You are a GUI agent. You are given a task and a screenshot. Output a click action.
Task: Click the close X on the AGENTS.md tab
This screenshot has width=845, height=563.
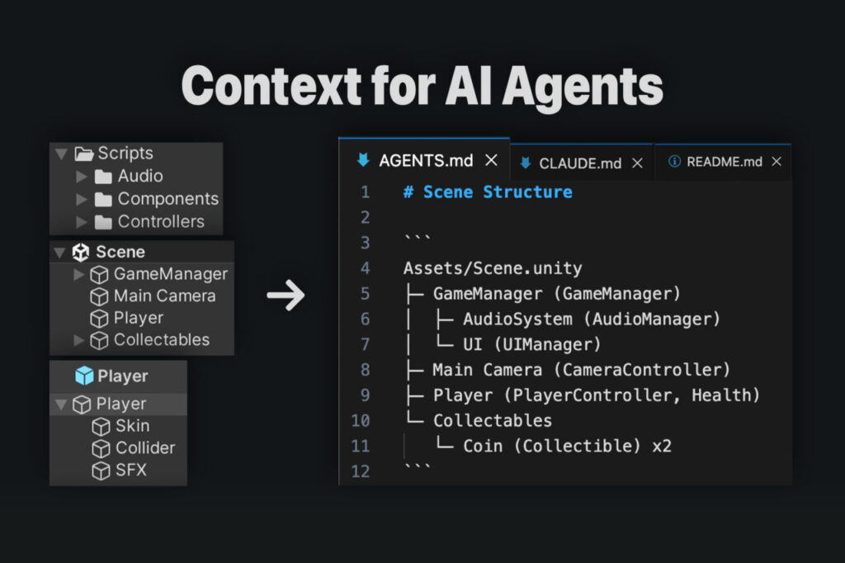click(x=491, y=160)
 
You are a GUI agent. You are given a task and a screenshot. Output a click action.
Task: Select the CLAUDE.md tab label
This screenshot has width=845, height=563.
click(x=580, y=163)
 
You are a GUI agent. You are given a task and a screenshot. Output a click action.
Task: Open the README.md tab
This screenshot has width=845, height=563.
click(x=725, y=162)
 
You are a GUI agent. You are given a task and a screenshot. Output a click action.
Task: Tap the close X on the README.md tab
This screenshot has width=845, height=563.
click(x=776, y=162)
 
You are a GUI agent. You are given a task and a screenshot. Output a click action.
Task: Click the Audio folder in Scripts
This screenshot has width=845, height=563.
click(x=139, y=176)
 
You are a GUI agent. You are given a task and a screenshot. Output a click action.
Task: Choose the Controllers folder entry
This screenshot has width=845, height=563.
click(x=160, y=221)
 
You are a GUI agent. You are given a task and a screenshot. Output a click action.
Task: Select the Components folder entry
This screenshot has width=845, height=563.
click(x=168, y=199)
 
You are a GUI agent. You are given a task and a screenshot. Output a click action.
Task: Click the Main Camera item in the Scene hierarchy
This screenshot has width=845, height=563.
click(x=164, y=296)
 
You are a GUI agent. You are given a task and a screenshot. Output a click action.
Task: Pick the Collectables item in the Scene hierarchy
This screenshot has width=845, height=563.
click(x=161, y=339)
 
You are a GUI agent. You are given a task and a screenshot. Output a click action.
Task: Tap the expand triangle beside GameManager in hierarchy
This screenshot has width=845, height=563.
click(x=79, y=274)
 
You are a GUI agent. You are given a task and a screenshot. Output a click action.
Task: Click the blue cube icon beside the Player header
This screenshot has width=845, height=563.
click(x=84, y=376)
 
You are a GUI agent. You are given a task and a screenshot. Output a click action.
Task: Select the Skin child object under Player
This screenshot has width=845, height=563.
click(x=132, y=426)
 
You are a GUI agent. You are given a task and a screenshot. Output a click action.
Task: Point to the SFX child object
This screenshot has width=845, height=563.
click(x=131, y=471)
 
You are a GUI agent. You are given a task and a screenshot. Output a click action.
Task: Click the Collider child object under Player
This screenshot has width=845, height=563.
click(x=144, y=448)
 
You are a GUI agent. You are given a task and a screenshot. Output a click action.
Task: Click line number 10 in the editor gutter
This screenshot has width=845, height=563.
click(x=361, y=421)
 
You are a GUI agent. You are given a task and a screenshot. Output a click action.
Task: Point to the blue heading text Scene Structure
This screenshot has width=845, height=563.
click(x=497, y=192)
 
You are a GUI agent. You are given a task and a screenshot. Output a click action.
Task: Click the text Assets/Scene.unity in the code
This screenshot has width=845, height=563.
click(x=492, y=268)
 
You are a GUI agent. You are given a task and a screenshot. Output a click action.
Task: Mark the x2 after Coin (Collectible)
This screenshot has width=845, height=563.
click(x=662, y=446)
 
